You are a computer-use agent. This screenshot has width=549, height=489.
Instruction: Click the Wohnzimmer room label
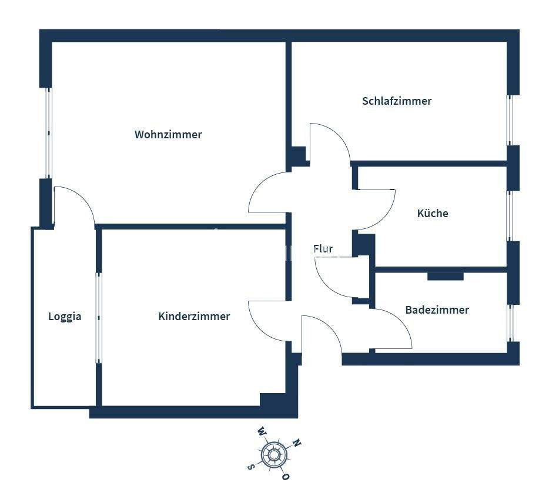[168, 135]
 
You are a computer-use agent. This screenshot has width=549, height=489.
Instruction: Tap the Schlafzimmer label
[397, 101]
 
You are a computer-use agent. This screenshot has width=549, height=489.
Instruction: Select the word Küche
[433, 214]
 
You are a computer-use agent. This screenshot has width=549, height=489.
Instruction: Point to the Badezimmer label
[437, 310]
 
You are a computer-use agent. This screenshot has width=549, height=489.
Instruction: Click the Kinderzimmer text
[194, 317]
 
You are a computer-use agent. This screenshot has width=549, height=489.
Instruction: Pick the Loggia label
[65, 317]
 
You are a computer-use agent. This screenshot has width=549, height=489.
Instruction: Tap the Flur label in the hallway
[323, 249]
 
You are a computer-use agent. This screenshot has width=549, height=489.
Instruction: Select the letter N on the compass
[297, 443]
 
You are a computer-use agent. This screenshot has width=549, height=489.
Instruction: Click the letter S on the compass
[251, 467]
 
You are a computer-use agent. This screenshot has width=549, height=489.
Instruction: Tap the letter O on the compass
[286, 475]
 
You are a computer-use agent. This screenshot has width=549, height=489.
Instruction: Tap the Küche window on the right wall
[510, 216]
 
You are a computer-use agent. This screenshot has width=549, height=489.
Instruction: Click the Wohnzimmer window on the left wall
[49, 133]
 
